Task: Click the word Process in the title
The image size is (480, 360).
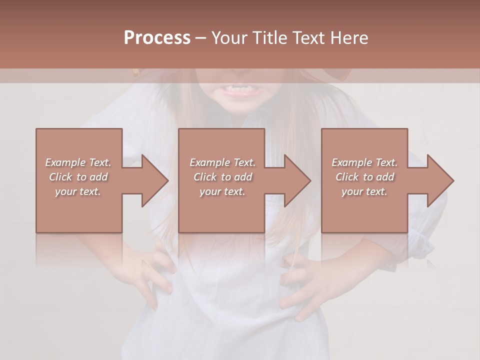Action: [x=157, y=38]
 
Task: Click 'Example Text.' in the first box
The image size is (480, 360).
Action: [x=78, y=162]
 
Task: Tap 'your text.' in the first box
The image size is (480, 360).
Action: [x=78, y=191]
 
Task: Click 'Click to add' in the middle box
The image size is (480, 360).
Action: [x=222, y=177]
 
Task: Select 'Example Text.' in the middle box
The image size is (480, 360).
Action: [x=222, y=162]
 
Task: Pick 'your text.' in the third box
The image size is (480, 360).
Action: [x=364, y=191]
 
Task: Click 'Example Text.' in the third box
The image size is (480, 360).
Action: [x=364, y=162]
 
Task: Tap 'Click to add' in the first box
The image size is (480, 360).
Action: [x=78, y=177]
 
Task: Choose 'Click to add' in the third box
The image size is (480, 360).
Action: [x=364, y=177]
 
